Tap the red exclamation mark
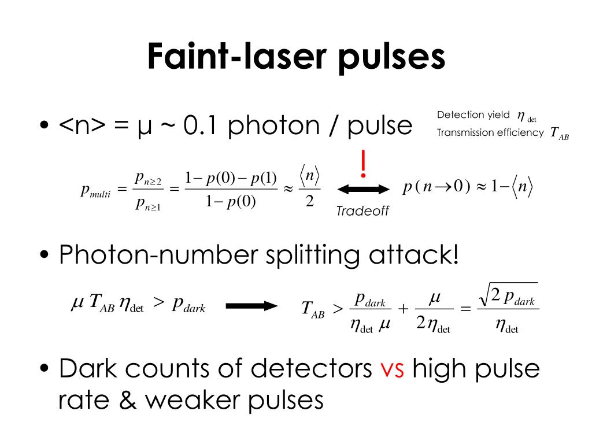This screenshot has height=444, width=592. coord(363,164)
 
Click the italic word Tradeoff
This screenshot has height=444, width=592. coord(362,212)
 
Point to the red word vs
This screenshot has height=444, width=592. coord(395,369)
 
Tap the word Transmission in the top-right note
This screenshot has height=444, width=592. coord(465,132)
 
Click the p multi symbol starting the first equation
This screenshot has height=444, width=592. coord(95,191)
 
